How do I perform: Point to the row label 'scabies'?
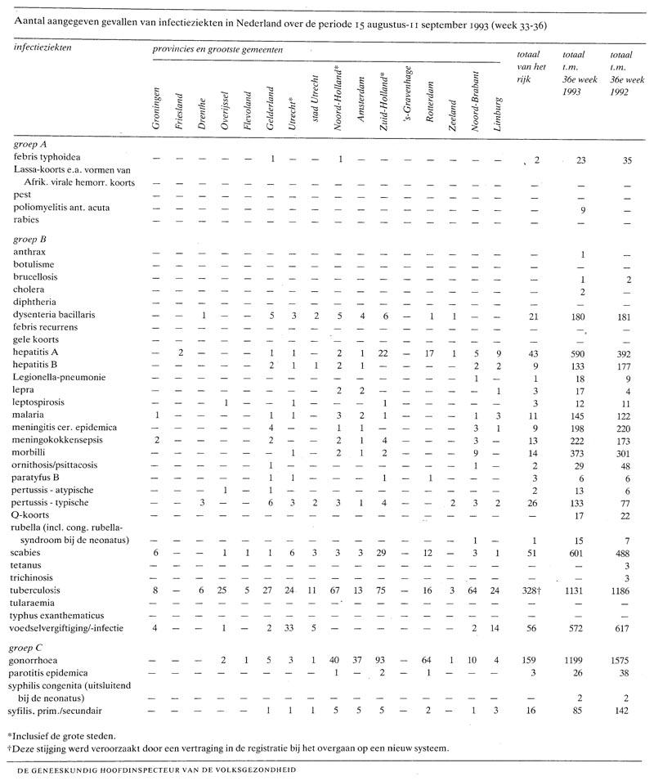tap(30, 553)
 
